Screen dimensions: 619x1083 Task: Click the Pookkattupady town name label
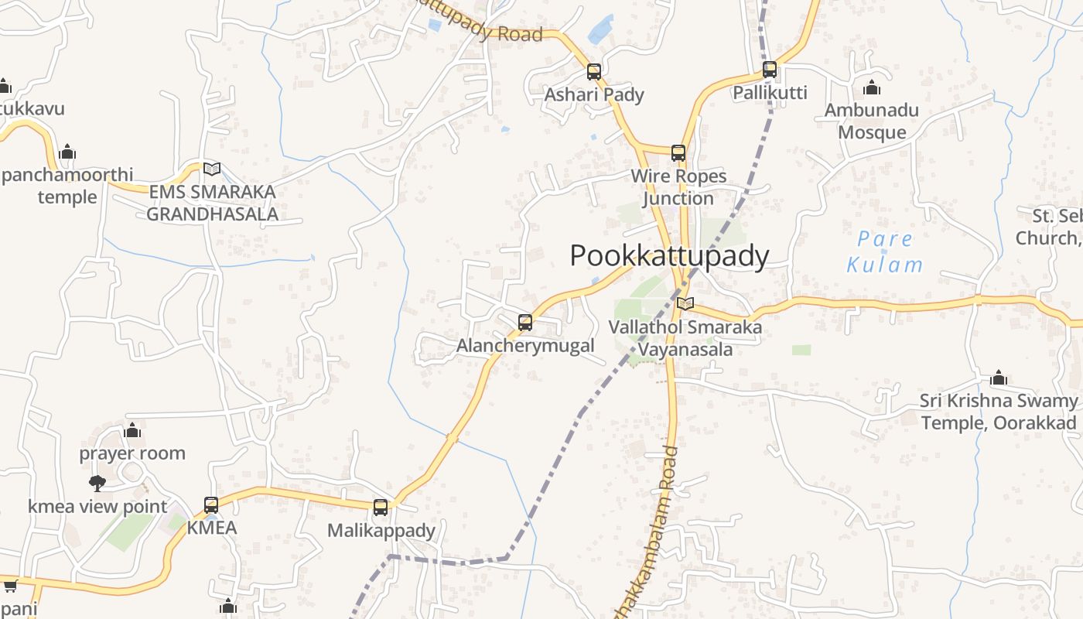tap(669, 256)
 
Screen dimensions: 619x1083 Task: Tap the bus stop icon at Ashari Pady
tap(594, 72)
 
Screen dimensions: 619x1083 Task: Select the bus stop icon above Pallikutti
tap(770, 70)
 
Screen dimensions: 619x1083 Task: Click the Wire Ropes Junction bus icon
tap(678, 153)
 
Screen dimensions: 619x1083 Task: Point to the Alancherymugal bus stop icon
tap(525, 323)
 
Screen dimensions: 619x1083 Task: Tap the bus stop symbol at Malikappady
tap(381, 508)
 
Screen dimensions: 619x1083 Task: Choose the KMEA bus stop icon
tap(211, 505)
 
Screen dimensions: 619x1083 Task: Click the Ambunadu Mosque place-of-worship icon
tap(872, 87)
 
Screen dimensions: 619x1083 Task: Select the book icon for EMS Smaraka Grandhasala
tap(211, 169)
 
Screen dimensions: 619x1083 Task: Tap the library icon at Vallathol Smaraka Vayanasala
tap(685, 304)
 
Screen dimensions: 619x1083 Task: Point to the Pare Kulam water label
tap(885, 251)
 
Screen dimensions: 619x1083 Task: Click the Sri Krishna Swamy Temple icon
tap(999, 378)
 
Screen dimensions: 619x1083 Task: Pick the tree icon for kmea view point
tap(97, 484)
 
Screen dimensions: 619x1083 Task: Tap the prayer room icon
tap(132, 430)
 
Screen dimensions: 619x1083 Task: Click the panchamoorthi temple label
tap(67, 186)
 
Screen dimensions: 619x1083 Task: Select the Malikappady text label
tap(381, 531)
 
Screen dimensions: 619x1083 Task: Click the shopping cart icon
tap(10, 586)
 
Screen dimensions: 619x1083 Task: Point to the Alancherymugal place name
tap(525, 345)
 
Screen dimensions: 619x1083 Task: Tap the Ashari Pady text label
tap(594, 94)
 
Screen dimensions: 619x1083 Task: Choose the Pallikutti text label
tap(770, 93)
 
